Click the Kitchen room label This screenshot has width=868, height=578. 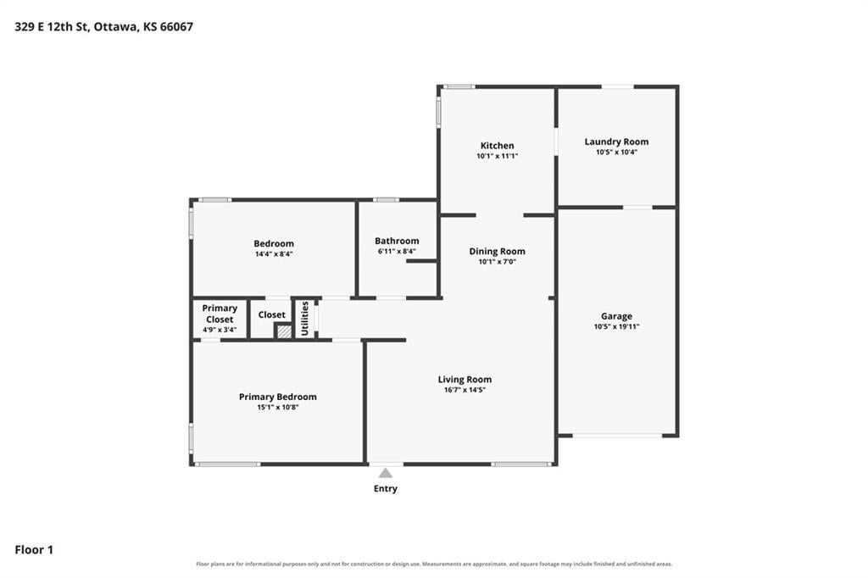coord(497,146)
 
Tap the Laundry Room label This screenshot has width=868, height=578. coord(616,142)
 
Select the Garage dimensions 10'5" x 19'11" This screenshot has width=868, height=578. coord(616,326)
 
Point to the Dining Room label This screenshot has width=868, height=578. coord(497,252)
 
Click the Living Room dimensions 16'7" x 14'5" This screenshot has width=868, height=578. coord(465,390)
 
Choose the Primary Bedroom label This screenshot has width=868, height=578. coord(278,397)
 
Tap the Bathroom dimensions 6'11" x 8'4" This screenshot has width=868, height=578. coord(397,252)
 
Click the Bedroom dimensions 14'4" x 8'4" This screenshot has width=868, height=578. coord(274,254)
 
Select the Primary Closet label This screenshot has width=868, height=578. coord(220,314)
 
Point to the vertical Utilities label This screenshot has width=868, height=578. coord(304,319)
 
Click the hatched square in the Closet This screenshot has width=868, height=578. coord(284,331)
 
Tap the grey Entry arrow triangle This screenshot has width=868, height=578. coord(386,473)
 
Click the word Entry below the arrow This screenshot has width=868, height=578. coord(386,488)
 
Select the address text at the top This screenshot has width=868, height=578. coord(103,26)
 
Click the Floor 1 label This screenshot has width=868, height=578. coord(34,550)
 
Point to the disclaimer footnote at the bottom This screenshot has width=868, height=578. coord(434,564)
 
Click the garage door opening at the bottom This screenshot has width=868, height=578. coord(617,436)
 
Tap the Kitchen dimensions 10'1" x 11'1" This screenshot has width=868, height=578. coord(497,156)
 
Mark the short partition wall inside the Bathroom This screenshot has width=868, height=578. coord(422,261)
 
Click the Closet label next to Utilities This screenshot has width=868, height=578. coord(272,315)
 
